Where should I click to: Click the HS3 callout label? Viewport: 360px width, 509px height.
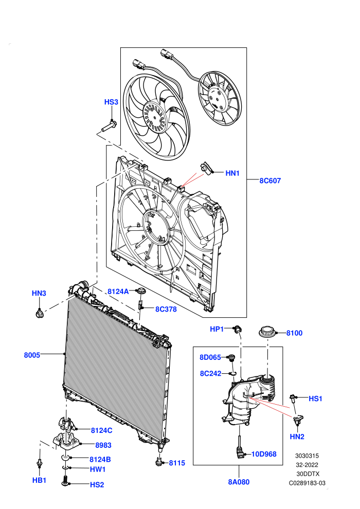(111, 102)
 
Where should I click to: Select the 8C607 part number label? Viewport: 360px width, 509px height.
(270, 181)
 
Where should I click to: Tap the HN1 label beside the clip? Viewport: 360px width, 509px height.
(232, 173)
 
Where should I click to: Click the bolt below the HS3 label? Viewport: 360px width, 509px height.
(109, 126)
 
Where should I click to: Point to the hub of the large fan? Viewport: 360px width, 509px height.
(155, 117)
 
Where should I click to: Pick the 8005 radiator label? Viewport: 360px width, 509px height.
(32, 355)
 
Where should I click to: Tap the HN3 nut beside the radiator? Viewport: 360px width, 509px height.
(39, 314)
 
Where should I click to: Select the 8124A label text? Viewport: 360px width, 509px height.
(118, 292)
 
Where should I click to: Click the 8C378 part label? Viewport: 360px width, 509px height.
(166, 310)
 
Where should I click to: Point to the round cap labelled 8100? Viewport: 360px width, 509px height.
(267, 333)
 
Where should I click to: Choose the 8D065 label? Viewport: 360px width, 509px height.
(210, 357)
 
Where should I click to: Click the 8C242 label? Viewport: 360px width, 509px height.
(211, 374)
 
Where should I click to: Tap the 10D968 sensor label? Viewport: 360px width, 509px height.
(264, 454)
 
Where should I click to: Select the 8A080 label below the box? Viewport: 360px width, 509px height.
(239, 482)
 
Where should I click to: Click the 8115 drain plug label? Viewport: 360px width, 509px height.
(177, 463)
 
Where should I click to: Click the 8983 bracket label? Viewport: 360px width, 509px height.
(103, 445)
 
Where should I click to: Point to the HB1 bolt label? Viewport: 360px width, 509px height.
(39, 480)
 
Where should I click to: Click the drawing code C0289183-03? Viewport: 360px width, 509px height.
(307, 483)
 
